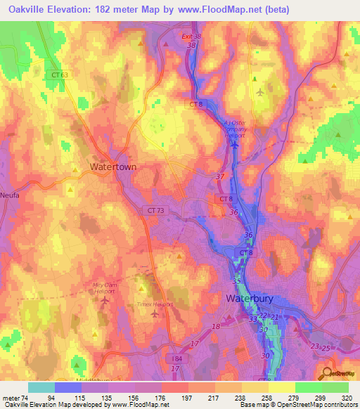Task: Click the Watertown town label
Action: [x=112, y=167]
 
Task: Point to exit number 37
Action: [x=221, y=176]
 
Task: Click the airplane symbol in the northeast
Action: [x=261, y=92]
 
